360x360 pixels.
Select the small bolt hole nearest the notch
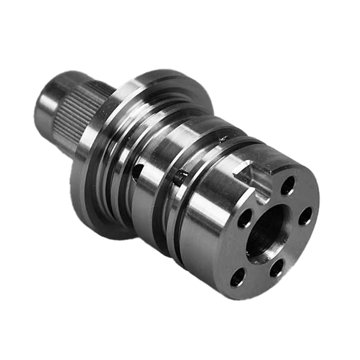[x=288, y=185]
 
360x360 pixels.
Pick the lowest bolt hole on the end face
[x=238, y=277]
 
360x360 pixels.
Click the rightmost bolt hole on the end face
[x=305, y=215]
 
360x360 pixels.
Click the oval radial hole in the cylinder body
[x=137, y=172]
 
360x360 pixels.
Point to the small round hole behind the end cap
[x=179, y=176]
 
